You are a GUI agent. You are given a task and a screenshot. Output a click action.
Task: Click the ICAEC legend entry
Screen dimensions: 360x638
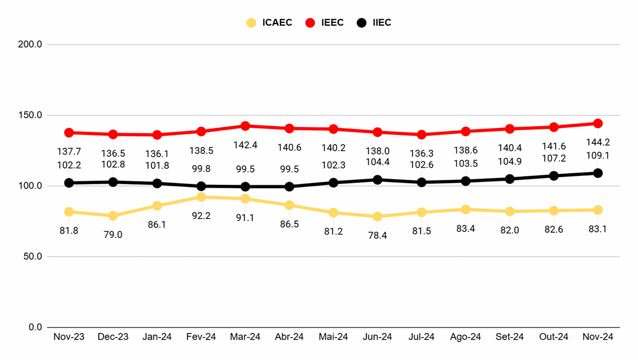click(270, 23)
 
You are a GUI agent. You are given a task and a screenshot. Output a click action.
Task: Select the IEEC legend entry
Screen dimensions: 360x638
click(325, 23)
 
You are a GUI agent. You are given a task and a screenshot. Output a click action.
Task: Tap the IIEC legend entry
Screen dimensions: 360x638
click(375, 23)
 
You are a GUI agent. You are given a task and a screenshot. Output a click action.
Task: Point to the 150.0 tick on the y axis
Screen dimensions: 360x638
click(31, 115)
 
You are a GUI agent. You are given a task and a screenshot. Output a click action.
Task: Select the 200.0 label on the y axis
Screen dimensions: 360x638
click(31, 44)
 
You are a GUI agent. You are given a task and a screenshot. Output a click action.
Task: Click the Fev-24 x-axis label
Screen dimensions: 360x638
click(201, 336)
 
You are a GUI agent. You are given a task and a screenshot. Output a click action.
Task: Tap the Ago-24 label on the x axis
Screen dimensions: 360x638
click(466, 336)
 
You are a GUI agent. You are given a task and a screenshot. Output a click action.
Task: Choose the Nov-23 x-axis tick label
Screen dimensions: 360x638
click(69, 336)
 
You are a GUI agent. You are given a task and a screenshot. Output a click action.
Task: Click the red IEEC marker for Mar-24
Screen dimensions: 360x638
click(245, 126)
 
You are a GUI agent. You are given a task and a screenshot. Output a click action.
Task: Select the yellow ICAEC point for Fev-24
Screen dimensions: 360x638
click(201, 197)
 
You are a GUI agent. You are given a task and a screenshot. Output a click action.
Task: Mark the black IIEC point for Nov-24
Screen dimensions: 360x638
click(598, 173)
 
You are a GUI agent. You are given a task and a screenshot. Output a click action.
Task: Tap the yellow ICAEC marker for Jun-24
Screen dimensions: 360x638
click(378, 217)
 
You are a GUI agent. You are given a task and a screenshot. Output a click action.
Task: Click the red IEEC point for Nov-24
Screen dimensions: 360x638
click(598, 123)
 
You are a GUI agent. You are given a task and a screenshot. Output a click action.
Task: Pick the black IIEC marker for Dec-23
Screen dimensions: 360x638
click(113, 182)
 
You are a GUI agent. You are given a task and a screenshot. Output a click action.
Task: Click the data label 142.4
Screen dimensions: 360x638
click(245, 145)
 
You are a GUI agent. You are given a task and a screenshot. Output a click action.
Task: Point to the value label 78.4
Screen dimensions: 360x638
click(378, 235)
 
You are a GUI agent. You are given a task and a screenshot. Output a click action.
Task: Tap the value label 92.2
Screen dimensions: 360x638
click(201, 216)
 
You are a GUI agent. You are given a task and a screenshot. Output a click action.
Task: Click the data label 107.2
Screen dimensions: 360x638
click(553, 158)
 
